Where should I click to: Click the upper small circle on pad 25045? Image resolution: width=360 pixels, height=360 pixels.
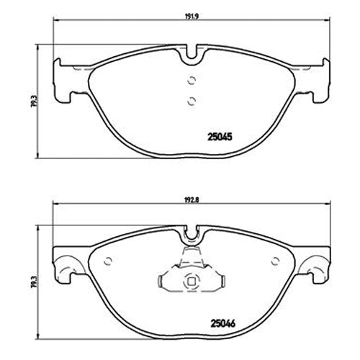coord(192,81)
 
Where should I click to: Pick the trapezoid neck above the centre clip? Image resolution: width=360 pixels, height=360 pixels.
coord(192,255)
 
